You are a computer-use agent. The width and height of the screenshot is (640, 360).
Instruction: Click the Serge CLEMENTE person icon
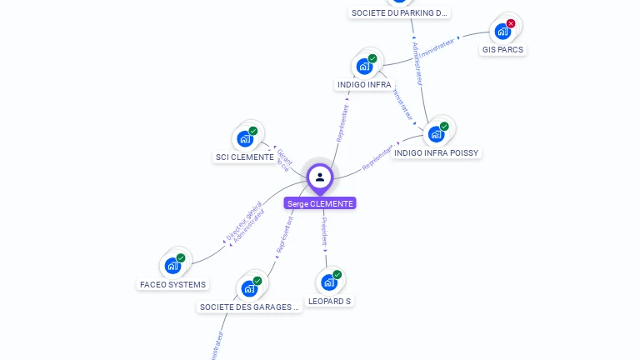(x=320, y=177)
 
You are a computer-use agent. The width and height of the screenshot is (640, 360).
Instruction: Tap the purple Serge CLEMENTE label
(x=320, y=203)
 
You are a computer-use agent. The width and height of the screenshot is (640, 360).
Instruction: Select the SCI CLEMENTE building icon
(x=245, y=138)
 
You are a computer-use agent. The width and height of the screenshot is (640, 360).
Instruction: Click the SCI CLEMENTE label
(x=245, y=157)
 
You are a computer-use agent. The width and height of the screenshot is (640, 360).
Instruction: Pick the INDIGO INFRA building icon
(x=364, y=66)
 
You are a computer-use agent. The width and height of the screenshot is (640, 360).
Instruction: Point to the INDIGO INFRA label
(x=364, y=84)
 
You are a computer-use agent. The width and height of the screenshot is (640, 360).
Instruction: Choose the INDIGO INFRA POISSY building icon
(x=436, y=134)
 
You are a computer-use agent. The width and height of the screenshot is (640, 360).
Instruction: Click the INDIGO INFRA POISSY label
(x=436, y=152)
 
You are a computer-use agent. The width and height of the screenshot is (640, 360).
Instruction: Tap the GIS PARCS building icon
(x=502, y=31)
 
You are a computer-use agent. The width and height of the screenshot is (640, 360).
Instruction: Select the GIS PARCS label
(x=503, y=49)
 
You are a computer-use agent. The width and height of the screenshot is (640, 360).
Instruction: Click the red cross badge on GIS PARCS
(x=511, y=23)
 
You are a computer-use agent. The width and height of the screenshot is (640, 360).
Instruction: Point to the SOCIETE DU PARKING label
(x=400, y=12)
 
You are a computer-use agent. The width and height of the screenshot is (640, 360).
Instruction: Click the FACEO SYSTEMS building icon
(x=172, y=266)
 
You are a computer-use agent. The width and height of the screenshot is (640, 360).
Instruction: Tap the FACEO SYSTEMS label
(x=172, y=284)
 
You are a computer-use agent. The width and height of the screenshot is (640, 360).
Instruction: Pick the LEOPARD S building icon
(x=329, y=282)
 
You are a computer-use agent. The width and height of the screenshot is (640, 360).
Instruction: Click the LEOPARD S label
(x=329, y=301)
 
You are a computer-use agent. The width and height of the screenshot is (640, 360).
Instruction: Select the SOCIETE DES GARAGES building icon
(x=249, y=288)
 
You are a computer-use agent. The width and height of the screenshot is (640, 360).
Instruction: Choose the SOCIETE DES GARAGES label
(x=249, y=307)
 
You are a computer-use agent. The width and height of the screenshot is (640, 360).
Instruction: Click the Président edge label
(x=325, y=231)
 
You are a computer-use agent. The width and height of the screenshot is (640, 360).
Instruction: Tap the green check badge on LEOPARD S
(x=337, y=274)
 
